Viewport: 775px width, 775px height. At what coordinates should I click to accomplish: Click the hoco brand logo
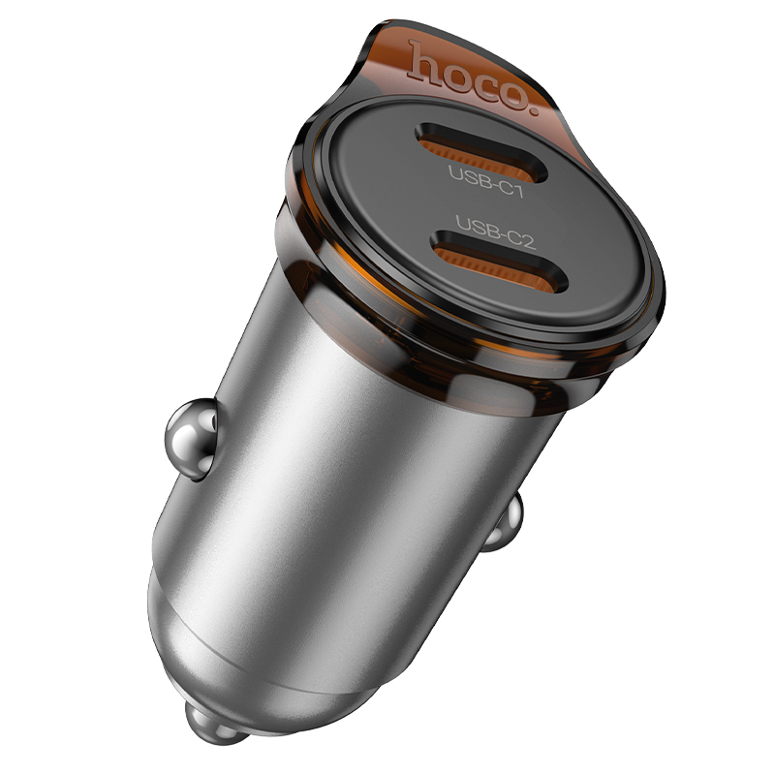(x=472, y=77)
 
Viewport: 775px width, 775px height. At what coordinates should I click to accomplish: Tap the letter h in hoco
(x=424, y=61)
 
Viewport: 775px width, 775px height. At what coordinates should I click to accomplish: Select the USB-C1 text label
(x=485, y=181)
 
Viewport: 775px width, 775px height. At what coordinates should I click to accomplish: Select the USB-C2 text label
(x=495, y=232)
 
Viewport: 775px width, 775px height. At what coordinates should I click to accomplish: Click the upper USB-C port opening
(x=480, y=152)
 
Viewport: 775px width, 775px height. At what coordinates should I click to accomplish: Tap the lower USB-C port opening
(x=498, y=262)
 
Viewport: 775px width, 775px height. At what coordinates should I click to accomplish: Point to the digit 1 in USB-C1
(x=517, y=190)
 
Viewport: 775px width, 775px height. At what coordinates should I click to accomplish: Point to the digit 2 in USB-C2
(x=528, y=241)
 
